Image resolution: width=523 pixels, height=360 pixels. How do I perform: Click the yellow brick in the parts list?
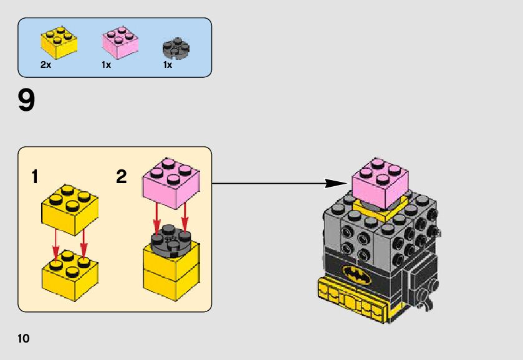coord(59,42)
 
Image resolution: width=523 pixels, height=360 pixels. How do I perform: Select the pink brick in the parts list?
coord(120,42)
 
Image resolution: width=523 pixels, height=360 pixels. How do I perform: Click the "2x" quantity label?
coord(46,65)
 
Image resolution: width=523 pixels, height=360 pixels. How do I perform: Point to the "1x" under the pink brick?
coord(106,65)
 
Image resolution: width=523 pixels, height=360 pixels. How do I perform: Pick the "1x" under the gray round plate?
coord(168,65)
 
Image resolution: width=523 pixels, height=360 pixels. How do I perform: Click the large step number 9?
coord(27,101)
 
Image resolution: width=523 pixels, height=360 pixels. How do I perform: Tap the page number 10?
coord(24,339)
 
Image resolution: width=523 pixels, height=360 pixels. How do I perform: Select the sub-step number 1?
coord(36,178)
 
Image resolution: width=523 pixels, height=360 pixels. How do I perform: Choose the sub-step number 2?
coord(122,178)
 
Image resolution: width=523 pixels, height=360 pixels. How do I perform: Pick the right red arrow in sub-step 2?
coord(185,218)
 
